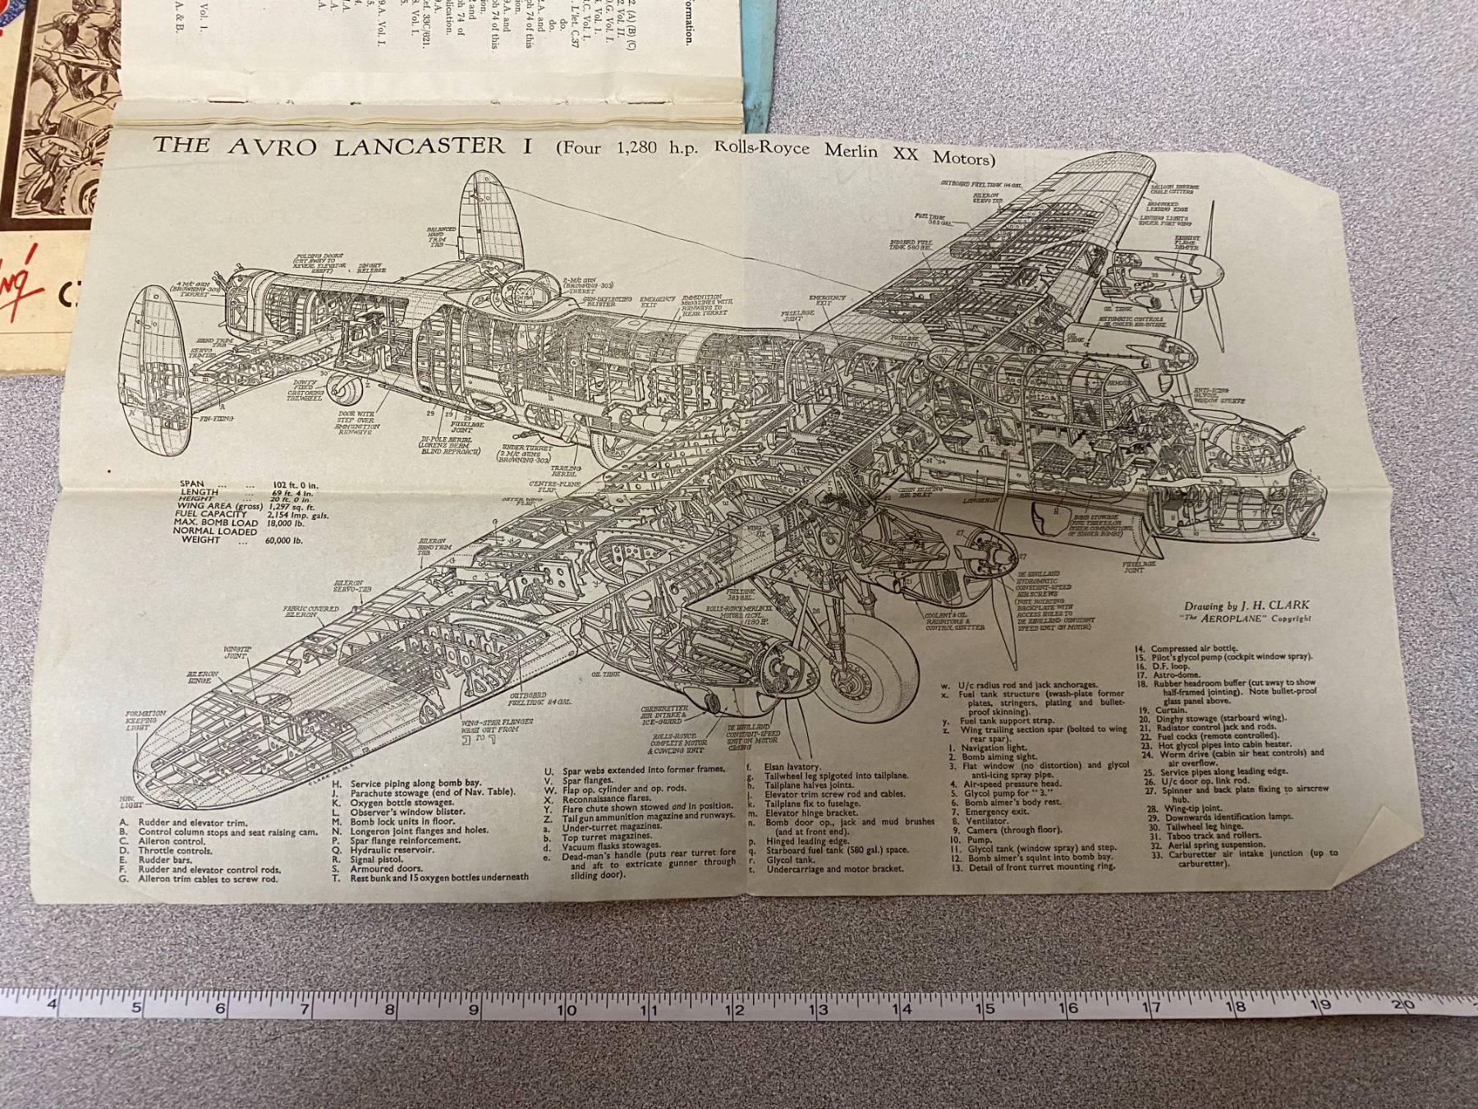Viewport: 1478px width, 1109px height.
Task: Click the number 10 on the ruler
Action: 566,1009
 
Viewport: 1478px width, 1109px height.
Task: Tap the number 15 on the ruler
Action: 985,1008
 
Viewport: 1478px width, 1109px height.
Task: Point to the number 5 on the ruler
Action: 136,1010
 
